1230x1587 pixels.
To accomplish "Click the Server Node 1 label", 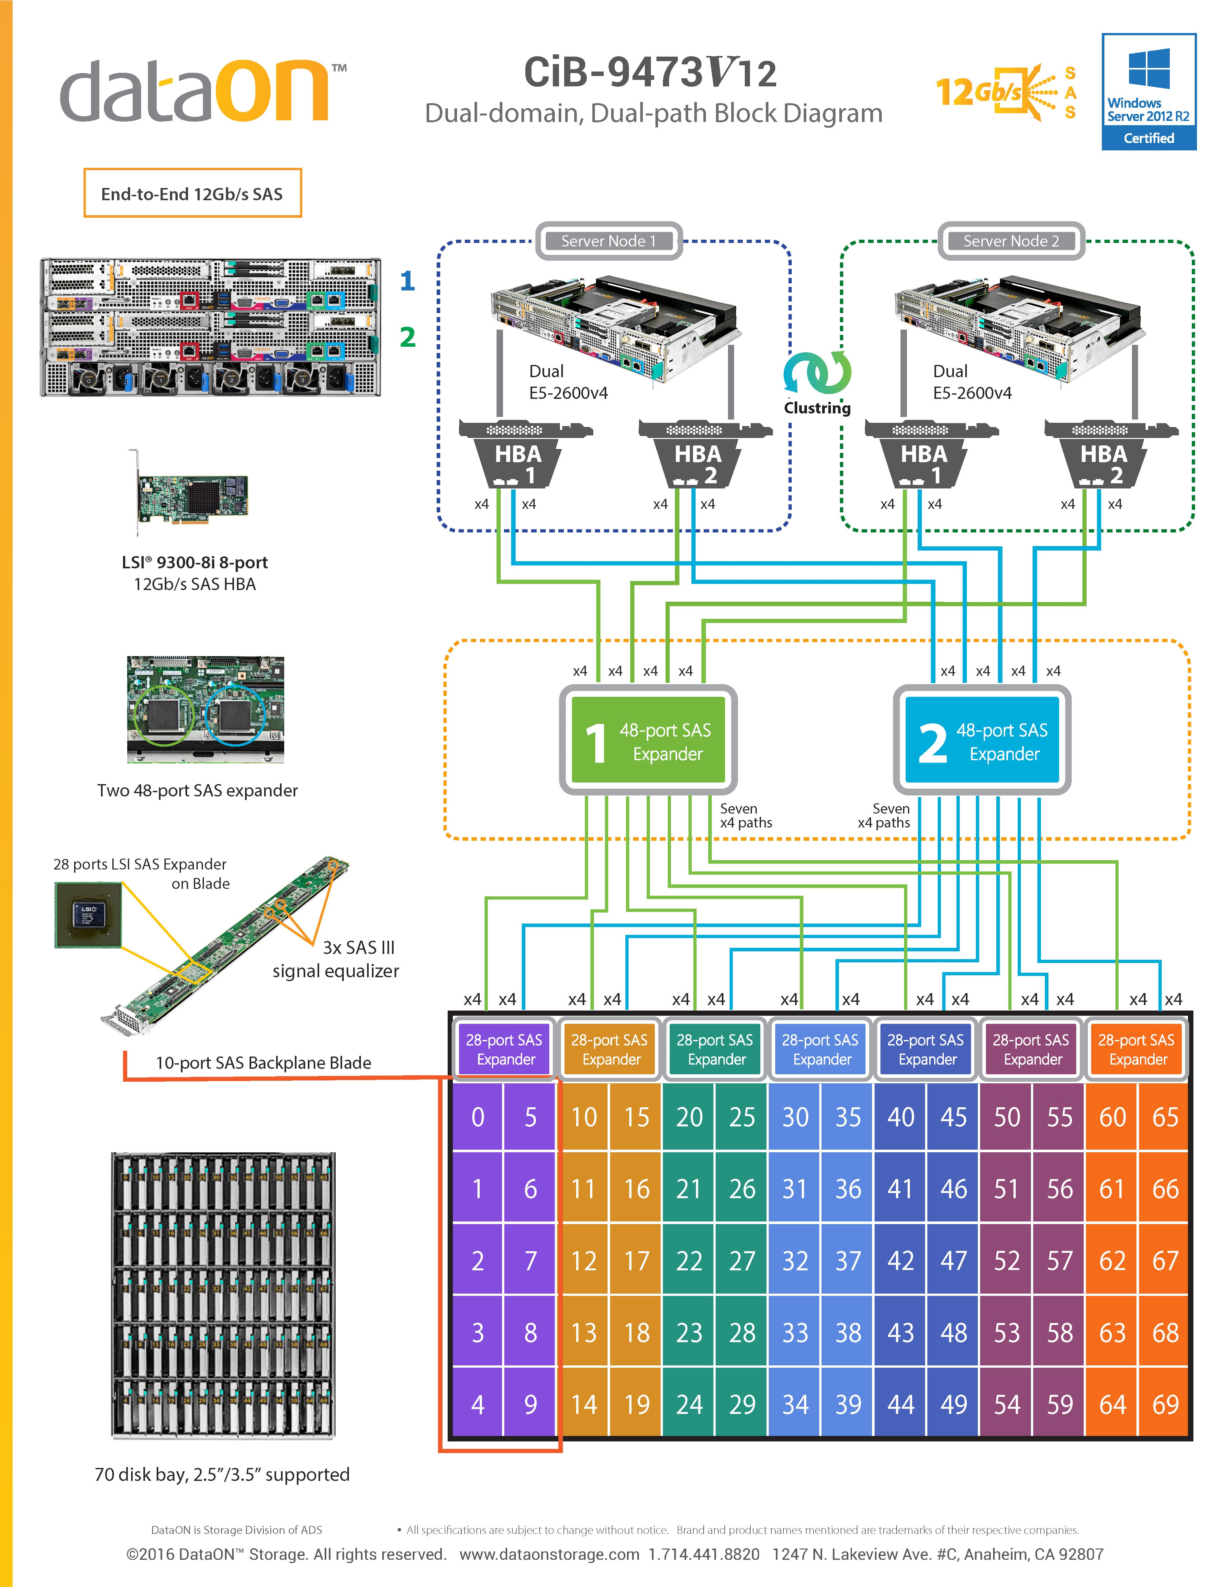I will pos(609,241).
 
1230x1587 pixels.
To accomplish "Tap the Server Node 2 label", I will pos(1011,241).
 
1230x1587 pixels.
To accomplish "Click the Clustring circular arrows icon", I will pos(817,373).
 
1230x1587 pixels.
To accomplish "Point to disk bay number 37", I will pos(848,1261).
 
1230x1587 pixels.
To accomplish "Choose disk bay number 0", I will pos(478,1117).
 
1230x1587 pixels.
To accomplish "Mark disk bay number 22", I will pos(689,1261).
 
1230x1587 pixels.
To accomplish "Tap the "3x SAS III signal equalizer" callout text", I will pos(336,959).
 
